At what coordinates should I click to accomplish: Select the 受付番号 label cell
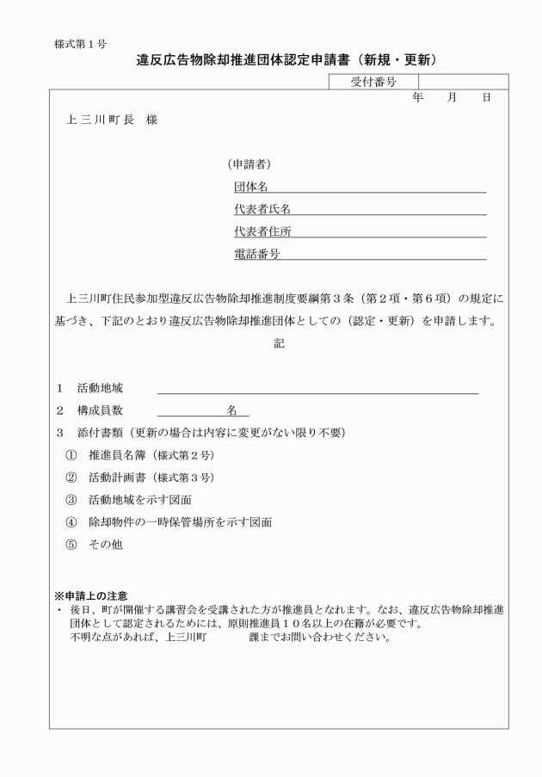coord(373,82)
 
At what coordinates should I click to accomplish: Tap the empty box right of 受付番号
coord(463,82)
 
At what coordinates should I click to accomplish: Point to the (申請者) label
coord(250,163)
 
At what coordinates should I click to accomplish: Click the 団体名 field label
coord(251,186)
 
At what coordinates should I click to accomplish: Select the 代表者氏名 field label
coord(262,209)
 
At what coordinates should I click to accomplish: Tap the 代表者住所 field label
coord(262,231)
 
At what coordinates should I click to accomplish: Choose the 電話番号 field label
coord(257,254)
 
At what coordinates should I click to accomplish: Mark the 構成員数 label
coord(100,410)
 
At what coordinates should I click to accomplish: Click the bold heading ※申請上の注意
coord(91,595)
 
